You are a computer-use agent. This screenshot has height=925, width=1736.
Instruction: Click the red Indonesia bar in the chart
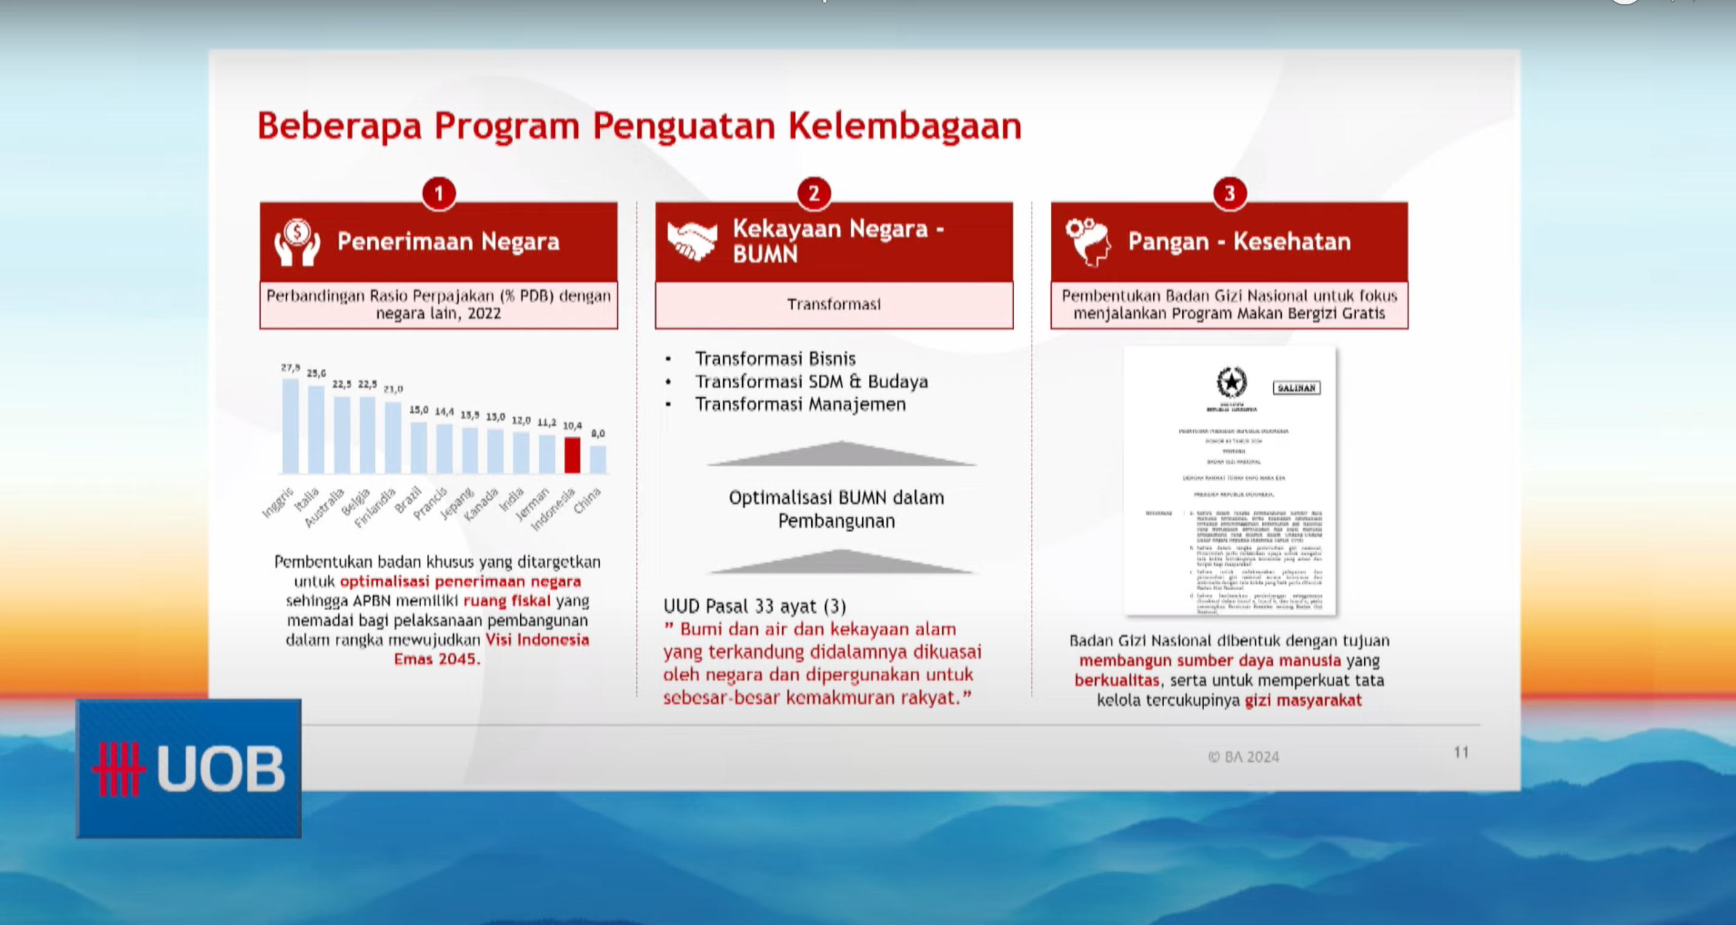coord(572,455)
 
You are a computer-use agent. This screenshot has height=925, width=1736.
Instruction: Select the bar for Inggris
coord(290,425)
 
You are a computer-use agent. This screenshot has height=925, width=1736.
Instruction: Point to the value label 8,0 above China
coord(598,434)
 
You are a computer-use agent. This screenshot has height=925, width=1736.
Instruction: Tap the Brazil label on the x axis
coord(407,500)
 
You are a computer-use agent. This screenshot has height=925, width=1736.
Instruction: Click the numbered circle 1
coord(439,194)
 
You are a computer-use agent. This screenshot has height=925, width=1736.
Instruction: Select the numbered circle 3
coord(1229,194)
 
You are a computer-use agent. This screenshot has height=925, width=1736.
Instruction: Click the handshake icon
coord(691,241)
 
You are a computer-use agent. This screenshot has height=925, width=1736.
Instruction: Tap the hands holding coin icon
coord(297,241)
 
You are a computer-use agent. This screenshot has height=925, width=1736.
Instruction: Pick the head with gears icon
coord(1088,241)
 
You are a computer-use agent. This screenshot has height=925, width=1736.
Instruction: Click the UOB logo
coord(189,769)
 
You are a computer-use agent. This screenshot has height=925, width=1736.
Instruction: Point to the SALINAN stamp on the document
coord(1296,388)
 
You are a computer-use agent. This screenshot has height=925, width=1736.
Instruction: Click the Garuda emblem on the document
coord(1232,383)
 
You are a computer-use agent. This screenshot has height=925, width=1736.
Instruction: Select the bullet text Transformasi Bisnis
coord(775,358)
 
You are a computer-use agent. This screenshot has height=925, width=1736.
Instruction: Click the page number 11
coord(1460,752)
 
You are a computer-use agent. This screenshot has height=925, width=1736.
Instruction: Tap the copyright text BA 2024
coord(1244,756)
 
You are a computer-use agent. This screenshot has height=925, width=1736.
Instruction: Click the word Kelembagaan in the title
coord(905,126)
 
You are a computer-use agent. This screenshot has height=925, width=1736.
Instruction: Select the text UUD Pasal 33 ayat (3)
coord(755,606)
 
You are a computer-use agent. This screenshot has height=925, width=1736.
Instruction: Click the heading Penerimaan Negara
coord(448,241)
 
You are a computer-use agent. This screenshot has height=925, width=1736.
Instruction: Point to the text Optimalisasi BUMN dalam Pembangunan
coord(836,509)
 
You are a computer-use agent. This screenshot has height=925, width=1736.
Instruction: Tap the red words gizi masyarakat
coord(1302,700)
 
